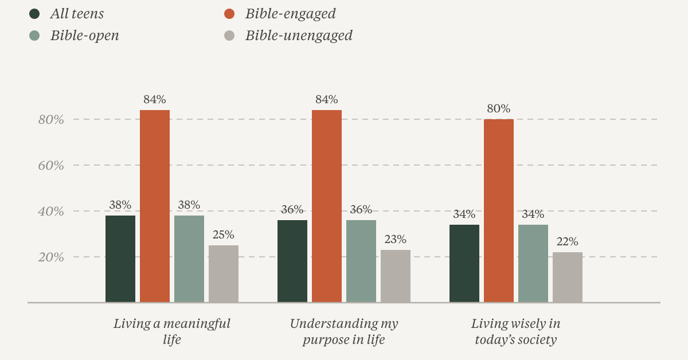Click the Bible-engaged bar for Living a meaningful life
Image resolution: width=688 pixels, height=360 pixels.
(x=155, y=206)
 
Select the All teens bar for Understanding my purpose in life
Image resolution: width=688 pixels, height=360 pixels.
(x=292, y=261)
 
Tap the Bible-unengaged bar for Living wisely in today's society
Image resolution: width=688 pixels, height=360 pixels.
(x=568, y=277)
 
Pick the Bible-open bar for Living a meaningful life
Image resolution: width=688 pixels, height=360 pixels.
(x=189, y=259)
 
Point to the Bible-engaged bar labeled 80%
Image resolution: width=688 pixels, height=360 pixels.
(x=499, y=211)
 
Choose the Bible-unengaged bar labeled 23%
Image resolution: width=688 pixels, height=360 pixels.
(x=396, y=276)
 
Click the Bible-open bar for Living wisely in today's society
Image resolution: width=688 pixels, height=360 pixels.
(x=533, y=264)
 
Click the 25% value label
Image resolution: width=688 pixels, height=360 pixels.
(x=223, y=235)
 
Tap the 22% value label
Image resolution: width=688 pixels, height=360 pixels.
(x=567, y=242)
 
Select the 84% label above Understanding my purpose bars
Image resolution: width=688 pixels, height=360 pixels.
(x=326, y=100)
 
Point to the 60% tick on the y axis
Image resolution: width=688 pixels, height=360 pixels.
(x=51, y=166)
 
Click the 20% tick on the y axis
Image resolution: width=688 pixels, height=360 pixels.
(x=51, y=257)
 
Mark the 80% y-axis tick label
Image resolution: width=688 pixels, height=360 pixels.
(x=51, y=120)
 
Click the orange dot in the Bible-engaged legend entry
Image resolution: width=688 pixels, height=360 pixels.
(x=229, y=14)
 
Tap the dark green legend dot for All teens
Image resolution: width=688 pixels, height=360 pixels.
(x=34, y=14)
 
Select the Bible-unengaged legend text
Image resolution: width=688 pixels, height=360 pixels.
(x=299, y=36)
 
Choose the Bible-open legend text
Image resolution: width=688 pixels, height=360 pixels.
(x=85, y=36)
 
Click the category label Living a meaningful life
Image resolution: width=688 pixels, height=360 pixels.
(x=172, y=332)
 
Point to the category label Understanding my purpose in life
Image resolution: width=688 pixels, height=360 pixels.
(x=344, y=332)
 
